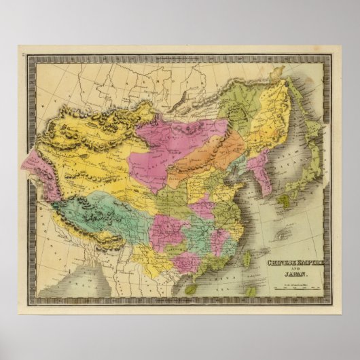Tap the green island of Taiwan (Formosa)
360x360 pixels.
(x=247, y=259)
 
